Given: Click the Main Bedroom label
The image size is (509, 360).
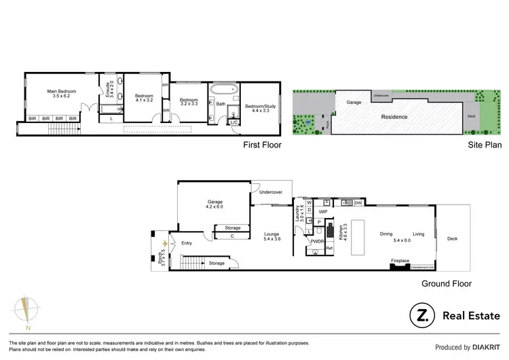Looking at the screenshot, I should click(61, 94).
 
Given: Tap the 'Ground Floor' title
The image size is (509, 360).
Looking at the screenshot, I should click(446, 284).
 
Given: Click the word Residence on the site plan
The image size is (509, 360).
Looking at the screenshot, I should click(394, 117).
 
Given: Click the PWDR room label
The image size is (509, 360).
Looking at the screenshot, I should click(317, 241).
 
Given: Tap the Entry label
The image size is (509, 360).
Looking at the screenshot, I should click(187, 242).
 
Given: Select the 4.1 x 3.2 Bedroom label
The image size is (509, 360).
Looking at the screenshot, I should click(145, 98).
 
